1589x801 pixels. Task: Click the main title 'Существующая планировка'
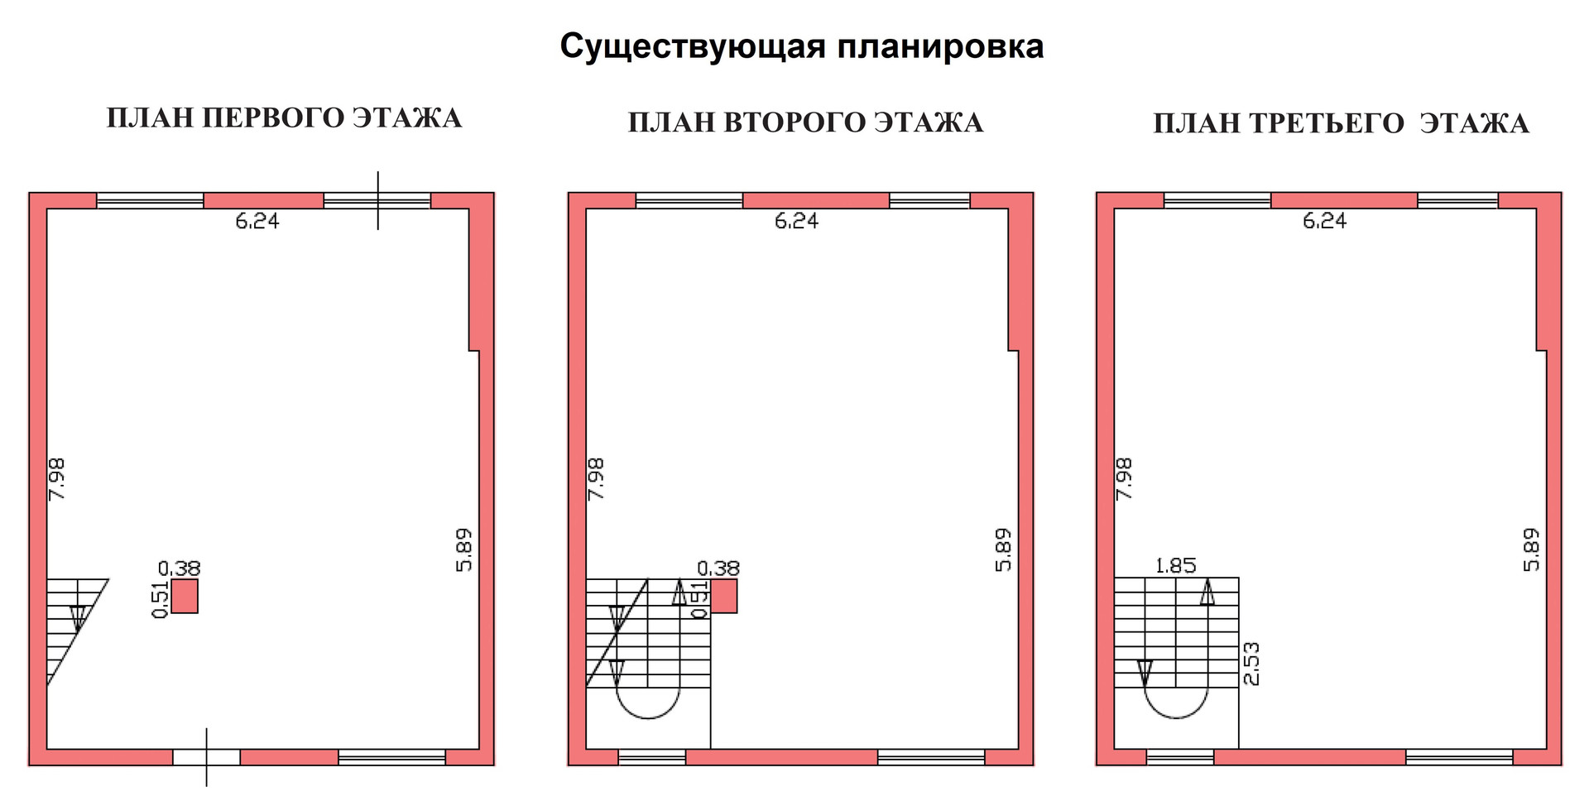coord(801,46)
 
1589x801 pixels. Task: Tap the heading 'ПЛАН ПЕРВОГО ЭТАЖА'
coord(284,118)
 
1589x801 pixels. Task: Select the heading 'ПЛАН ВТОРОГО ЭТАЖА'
coord(805,122)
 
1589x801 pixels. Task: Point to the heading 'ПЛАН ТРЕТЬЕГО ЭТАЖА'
coord(1340,123)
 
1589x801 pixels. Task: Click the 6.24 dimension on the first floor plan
coord(257,221)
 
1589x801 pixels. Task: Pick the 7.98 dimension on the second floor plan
coord(596,478)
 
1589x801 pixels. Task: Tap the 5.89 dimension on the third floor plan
coord(1532,549)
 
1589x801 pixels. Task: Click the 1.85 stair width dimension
coord(1175,566)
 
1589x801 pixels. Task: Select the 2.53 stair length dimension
coord(1251,664)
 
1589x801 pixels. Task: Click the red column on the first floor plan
coord(185,596)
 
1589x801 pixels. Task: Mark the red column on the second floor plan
coord(724,596)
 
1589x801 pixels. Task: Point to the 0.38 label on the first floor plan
coord(179,568)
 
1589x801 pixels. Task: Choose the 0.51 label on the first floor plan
coord(161,599)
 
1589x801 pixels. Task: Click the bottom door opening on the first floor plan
coord(206,757)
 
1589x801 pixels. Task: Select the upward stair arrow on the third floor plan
coord(1207,592)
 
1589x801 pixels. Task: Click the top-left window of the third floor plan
coord(1217,200)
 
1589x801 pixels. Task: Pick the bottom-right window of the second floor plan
coord(931,757)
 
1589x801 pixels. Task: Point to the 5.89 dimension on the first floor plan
coord(463,549)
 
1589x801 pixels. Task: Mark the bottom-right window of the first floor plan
coord(391,757)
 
